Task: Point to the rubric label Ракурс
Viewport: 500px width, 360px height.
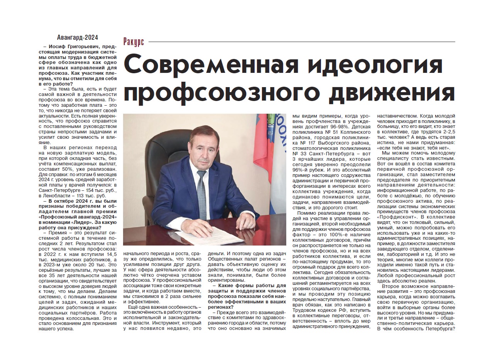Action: point(134,42)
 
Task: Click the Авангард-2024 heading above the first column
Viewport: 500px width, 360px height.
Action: point(77,37)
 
